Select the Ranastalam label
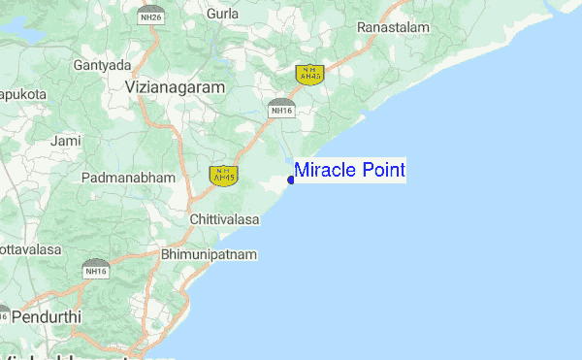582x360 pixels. coord(393,28)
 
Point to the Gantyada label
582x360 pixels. coord(102,65)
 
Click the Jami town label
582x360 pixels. coord(66,142)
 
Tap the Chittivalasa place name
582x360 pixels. coord(225,220)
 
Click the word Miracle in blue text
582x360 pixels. coord(325,171)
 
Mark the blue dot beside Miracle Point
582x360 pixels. coord(291,180)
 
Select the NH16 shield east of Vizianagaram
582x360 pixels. coord(281,107)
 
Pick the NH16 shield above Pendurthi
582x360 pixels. coord(95,268)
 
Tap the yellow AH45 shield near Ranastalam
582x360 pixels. coord(309,74)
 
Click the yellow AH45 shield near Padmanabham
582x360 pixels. coord(223,175)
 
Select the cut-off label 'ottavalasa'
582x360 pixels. coord(30,249)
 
